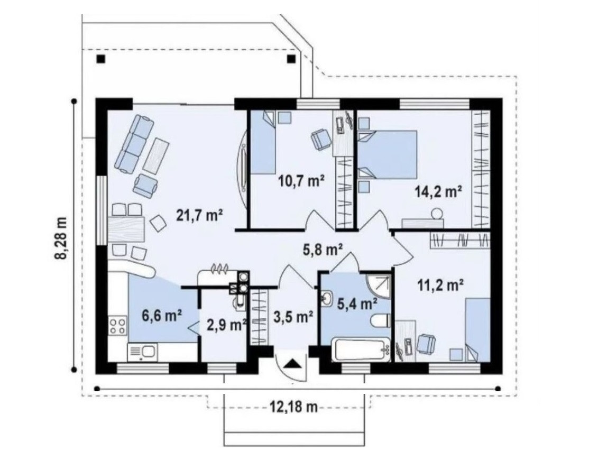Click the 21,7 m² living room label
pos(199,216)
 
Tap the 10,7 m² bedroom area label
pos(301,181)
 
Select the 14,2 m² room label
pos(438,192)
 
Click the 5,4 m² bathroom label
pos(357,304)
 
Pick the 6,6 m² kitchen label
pos(162,316)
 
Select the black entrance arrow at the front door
pos(291,364)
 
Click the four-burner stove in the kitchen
pos(117,326)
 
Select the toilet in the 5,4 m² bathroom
pos(381,321)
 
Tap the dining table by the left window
pos(126,229)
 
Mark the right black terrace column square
pos(291,59)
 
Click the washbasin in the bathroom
pos(326,299)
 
